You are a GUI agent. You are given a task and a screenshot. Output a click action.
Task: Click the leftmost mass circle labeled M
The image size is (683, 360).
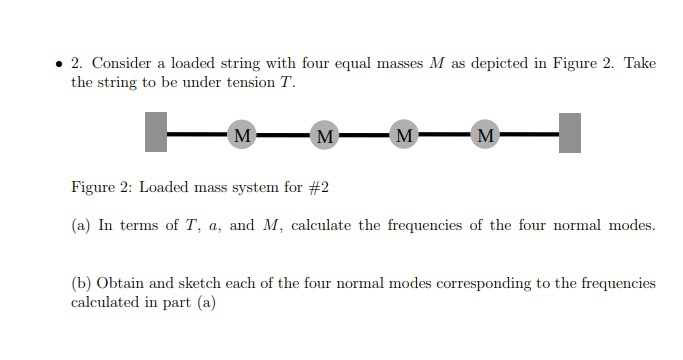click(241, 133)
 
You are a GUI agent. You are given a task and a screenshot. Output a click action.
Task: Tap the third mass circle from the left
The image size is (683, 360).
click(403, 134)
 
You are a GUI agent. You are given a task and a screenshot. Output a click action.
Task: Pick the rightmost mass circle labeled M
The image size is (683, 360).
click(485, 134)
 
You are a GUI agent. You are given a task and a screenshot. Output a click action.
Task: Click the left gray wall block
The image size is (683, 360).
click(156, 132)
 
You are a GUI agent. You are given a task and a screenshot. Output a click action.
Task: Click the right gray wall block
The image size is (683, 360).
click(569, 133)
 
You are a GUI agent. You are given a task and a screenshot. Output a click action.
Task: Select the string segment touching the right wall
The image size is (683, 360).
click(529, 133)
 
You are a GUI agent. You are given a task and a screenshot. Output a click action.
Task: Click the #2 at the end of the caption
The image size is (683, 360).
click(317, 187)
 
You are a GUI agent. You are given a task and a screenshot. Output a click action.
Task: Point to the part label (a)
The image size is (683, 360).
click(80, 225)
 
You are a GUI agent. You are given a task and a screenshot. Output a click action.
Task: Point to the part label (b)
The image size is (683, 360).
click(81, 283)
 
